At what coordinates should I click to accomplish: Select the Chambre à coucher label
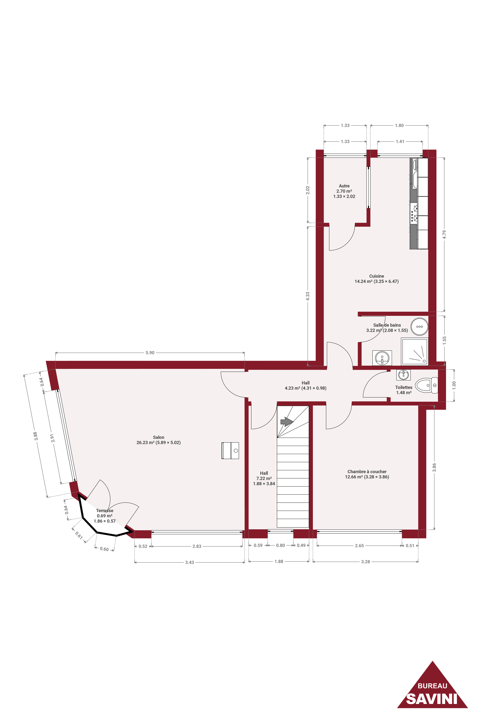pos(367,472)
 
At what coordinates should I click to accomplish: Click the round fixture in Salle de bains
pos(419,327)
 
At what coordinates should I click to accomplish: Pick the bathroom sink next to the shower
pos(382,358)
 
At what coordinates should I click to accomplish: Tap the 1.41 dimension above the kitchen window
pos(400,141)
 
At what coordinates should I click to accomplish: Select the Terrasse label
pos(105,510)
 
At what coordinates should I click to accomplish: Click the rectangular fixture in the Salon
pos(230,451)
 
